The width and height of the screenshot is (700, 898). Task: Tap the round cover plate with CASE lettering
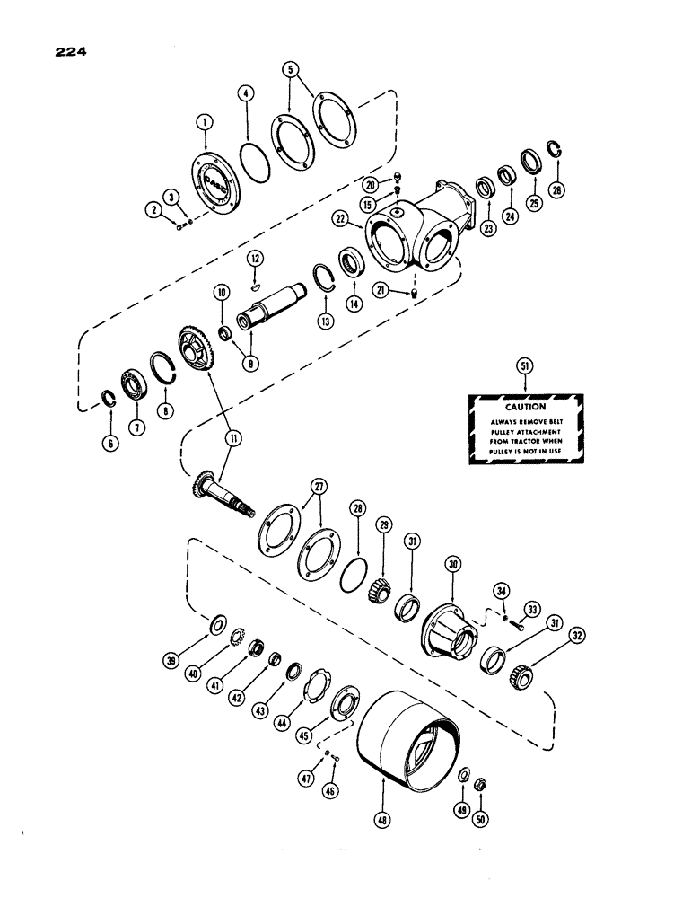point(214,185)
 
